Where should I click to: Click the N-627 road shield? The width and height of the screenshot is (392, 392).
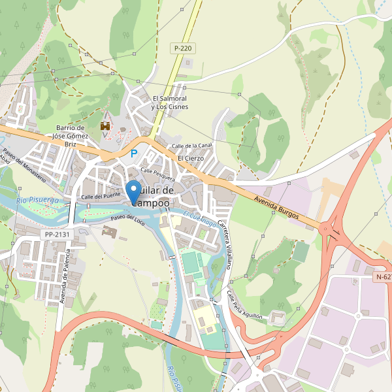pos(384,277)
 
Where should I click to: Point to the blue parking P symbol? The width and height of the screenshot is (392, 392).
pos(134,154)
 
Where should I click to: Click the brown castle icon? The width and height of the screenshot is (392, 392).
pos(105,125)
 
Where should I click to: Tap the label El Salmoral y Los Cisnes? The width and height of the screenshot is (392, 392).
pos(169,103)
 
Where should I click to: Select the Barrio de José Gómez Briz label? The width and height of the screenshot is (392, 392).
pos(71,136)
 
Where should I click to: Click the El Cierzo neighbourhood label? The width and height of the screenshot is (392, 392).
pos(191,158)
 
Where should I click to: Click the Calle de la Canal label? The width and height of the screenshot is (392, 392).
pos(191,146)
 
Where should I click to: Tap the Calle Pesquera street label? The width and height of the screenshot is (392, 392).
pos(157,174)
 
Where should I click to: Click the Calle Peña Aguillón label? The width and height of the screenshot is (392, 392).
pos(244,305)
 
